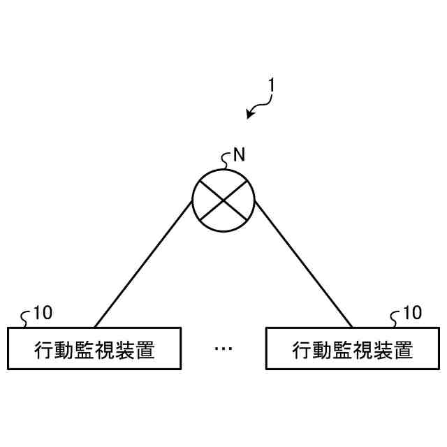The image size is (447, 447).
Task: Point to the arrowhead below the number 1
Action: pyautogui.click(x=249, y=115)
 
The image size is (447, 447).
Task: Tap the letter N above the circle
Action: pyautogui.click(x=239, y=154)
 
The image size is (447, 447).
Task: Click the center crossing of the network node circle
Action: pyautogui.click(x=223, y=200)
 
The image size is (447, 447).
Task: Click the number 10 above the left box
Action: pyautogui.click(x=43, y=312)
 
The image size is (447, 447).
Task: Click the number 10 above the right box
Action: pyautogui.click(x=412, y=312)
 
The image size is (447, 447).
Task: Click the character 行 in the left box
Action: pyautogui.click(x=43, y=349)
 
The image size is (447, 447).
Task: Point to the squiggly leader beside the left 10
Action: pyautogui.click(x=27, y=318)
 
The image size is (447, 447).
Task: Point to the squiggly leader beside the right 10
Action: pyautogui.click(x=396, y=318)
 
